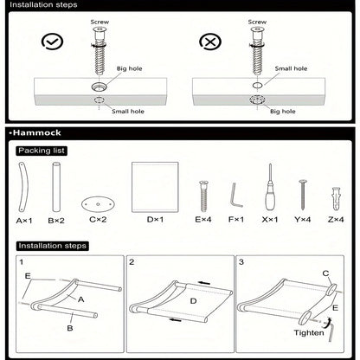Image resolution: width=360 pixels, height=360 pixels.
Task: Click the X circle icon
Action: (209, 41)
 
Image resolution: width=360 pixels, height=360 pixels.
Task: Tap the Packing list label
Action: (41, 151)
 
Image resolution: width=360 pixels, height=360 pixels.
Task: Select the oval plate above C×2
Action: (98, 203)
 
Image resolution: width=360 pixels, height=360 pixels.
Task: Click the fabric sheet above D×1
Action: (154, 187)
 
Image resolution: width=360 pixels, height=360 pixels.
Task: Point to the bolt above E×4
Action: (204, 193)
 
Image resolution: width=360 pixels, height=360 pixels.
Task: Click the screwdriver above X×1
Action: (270, 192)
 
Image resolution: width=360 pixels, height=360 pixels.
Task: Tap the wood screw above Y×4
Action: (304, 195)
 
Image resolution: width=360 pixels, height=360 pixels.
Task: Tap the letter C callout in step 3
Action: (326, 273)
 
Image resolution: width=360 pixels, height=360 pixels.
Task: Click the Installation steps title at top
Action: (42, 5)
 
